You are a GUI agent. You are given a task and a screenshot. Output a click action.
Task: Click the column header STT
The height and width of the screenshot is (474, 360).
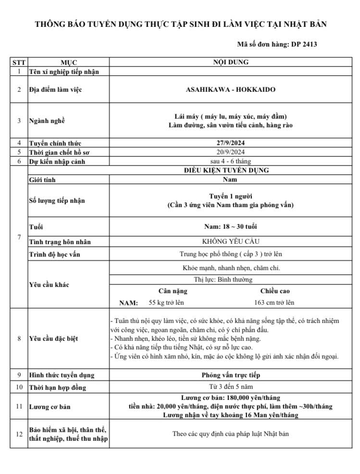[x=19, y=62]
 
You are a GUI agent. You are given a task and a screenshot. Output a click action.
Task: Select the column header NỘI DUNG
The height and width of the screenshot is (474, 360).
[x=231, y=62]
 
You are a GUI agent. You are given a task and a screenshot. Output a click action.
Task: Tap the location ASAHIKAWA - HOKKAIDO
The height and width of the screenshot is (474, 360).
[x=231, y=89]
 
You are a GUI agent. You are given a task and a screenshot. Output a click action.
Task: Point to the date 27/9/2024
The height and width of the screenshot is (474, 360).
[x=231, y=143]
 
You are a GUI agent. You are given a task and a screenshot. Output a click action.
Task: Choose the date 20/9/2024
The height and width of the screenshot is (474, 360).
[x=231, y=152]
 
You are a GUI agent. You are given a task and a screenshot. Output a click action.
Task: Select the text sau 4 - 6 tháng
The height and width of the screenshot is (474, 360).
[x=231, y=161]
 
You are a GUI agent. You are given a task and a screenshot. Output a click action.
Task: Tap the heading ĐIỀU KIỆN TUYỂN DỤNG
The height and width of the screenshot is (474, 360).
[x=231, y=170]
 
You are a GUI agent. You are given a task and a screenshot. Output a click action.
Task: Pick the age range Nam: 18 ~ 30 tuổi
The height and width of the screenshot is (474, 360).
[x=231, y=226]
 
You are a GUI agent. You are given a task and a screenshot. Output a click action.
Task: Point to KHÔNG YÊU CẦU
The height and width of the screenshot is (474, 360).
[x=231, y=241]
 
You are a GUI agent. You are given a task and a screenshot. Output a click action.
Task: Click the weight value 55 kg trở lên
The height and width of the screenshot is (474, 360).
[x=166, y=302]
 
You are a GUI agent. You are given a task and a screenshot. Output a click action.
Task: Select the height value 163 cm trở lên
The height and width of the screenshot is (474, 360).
[x=274, y=302]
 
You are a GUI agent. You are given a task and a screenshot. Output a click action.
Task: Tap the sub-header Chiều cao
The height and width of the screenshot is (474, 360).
[x=275, y=291]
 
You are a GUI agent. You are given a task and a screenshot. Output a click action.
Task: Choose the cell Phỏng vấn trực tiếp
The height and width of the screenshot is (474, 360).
[x=231, y=375]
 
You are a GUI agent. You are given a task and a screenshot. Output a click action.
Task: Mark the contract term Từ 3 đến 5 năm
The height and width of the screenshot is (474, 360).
[x=231, y=387]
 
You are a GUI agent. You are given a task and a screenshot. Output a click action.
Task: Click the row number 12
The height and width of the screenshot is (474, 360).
[x=19, y=434]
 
